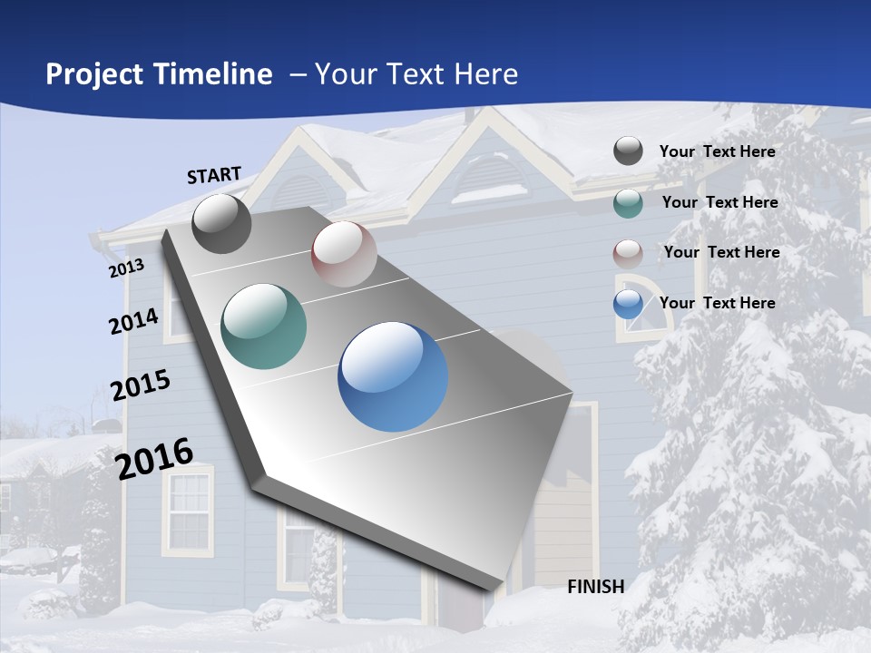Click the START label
(x=214, y=175)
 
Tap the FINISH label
(x=595, y=587)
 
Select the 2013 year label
(x=126, y=268)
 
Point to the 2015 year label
(x=140, y=385)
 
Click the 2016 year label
(x=154, y=459)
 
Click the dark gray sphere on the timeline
(x=221, y=224)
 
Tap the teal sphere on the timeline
(x=264, y=326)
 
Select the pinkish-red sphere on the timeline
(x=344, y=254)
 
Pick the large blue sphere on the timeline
(x=393, y=376)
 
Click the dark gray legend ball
(x=628, y=151)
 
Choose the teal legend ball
(x=628, y=203)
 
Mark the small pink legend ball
(x=628, y=253)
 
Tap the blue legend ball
(x=628, y=304)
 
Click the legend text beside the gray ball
(x=717, y=151)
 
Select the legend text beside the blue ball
(x=717, y=303)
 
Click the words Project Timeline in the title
(x=159, y=74)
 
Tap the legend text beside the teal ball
(x=719, y=202)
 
